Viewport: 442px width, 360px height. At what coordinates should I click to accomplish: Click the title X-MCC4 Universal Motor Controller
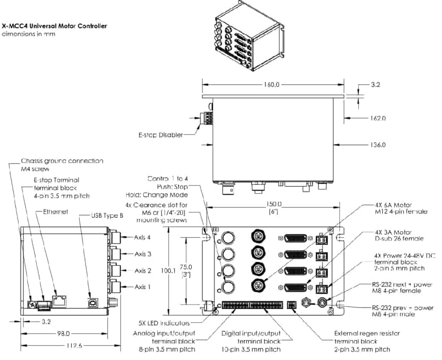(x=54, y=26)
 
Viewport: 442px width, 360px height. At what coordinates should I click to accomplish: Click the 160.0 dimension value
(x=272, y=84)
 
